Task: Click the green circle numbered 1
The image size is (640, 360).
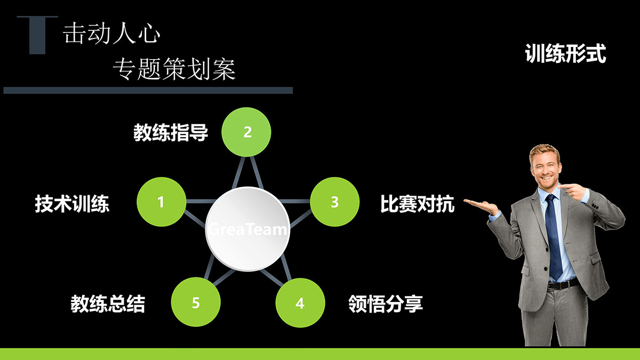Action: pyautogui.click(x=162, y=202)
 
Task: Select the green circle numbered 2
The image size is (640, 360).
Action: pyautogui.click(x=246, y=132)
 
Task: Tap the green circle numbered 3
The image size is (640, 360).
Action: pyautogui.click(x=334, y=202)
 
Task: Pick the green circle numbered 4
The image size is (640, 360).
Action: pyautogui.click(x=300, y=302)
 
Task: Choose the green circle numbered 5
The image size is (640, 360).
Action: pyautogui.click(x=196, y=302)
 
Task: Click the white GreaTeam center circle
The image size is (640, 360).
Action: pyautogui.click(x=247, y=229)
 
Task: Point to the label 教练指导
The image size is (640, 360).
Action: pyautogui.click(x=171, y=133)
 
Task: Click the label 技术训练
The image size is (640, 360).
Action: pyautogui.click(x=72, y=204)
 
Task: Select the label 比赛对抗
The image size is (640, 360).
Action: pyautogui.click(x=417, y=204)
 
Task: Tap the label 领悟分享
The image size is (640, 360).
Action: pyautogui.click(x=386, y=303)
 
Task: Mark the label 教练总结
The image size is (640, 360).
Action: pyautogui.click(x=108, y=303)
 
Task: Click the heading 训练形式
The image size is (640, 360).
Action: pyautogui.click(x=565, y=53)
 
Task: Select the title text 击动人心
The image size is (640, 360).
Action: pyautogui.click(x=111, y=34)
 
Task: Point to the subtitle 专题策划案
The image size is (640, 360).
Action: pyautogui.click(x=174, y=69)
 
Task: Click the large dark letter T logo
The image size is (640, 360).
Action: pyautogui.click(x=37, y=35)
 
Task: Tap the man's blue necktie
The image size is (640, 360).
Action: pyautogui.click(x=553, y=237)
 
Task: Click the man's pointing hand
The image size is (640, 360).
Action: pyautogui.click(x=573, y=191)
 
